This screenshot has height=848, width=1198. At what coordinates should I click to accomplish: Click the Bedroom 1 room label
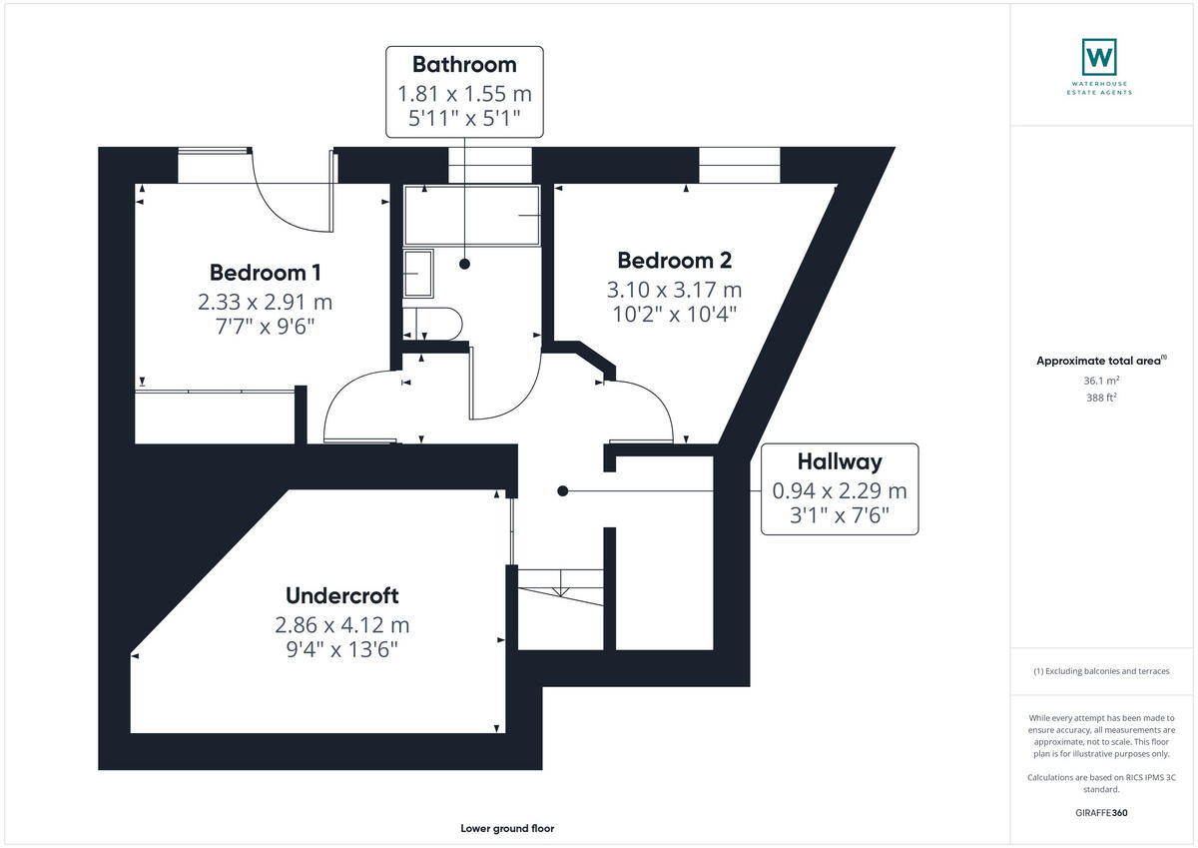pyautogui.click(x=265, y=273)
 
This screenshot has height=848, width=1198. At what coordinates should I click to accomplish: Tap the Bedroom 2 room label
pyautogui.click(x=674, y=261)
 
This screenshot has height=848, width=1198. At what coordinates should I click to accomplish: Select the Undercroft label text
pyautogui.click(x=341, y=596)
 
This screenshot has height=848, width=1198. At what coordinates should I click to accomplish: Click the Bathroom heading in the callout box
pyautogui.click(x=464, y=65)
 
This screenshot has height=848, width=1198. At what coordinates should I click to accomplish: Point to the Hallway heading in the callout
pyautogui.click(x=839, y=461)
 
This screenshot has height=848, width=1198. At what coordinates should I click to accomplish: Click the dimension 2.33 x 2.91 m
pyautogui.click(x=265, y=302)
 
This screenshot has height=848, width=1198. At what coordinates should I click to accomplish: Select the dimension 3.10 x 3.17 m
pyautogui.click(x=674, y=290)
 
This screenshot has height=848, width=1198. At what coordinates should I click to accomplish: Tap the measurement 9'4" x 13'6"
pyautogui.click(x=341, y=649)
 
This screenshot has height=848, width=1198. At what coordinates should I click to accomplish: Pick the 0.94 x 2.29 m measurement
pyautogui.click(x=839, y=490)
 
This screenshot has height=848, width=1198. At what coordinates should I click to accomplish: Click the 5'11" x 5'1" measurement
pyautogui.click(x=464, y=119)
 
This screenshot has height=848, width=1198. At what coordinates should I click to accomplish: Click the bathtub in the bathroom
pyautogui.click(x=471, y=215)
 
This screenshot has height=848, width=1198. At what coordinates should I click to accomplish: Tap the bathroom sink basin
pyautogui.click(x=418, y=274)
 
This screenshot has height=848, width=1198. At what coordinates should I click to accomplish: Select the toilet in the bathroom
pyautogui.click(x=434, y=324)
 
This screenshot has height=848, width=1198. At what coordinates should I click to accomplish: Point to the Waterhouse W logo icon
pyautogui.click(x=1098, y=57)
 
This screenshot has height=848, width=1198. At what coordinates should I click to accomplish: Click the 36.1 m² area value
pyautogui.click(x=1102, y=380)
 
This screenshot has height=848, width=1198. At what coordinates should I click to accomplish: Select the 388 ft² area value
pyautogui.click(x=1102, y=397)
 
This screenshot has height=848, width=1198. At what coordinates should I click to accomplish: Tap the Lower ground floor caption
pyautogui.click(x=507, y=828)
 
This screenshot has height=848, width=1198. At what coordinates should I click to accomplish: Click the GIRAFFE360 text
pyautogui.click(x=1102, y=813)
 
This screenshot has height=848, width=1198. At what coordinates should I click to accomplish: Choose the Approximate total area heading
pyautogui.click(x=1100, y=361)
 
